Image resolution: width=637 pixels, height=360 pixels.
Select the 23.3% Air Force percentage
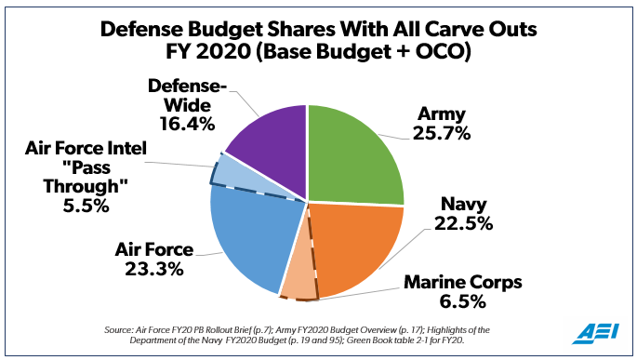point(149,269)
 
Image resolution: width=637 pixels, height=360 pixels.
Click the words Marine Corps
point(460,281)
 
